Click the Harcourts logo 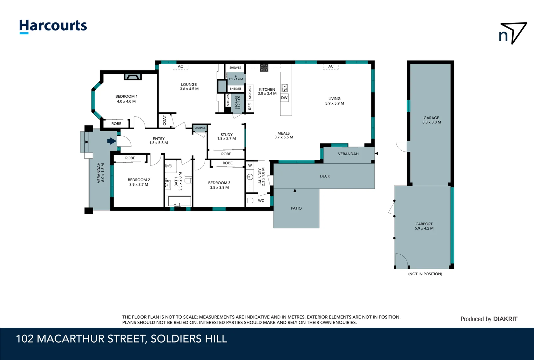coord(53,26)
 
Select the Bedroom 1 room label coord(126,99)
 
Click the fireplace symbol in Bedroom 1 coord(133,77)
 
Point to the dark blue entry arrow coord(112,141)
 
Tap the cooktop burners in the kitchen coord(264,68)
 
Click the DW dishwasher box coord(284,98)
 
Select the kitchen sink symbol coord(284,88)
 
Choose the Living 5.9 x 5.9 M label coord(334,101)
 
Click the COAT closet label coord(164,120)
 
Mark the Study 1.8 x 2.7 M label coord(227,137)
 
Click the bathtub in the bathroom coord(180,201)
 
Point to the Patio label coord(296,208)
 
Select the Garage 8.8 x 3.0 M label coord(431,120)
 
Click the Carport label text coord(424,224)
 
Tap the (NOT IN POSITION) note coord(425,274)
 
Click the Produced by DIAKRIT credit coord(489,319)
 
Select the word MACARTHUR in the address coord(91,339)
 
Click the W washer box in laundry coord(250,165)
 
